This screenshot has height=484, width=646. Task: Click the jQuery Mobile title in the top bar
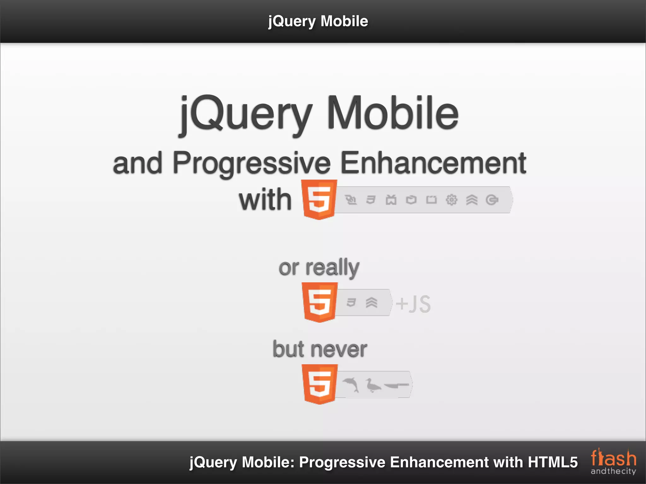(318, 21)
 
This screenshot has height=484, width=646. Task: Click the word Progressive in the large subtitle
(252, 163)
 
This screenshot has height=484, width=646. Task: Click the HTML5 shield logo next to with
(319, 199)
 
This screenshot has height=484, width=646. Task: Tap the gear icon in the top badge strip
(451, 200)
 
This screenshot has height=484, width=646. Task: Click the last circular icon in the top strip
(492, 200)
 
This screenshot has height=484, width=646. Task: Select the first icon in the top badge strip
(350, 200)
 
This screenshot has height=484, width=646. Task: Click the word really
(332, 268)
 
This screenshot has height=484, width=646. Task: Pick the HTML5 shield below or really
(319, 302)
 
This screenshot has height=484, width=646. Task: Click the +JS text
(413, 304)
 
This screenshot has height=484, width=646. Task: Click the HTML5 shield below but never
(319, 384)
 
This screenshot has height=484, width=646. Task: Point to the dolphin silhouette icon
(351, 385)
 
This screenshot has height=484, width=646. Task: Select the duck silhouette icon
(373, 385)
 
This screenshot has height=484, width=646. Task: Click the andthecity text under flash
(613, 471)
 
